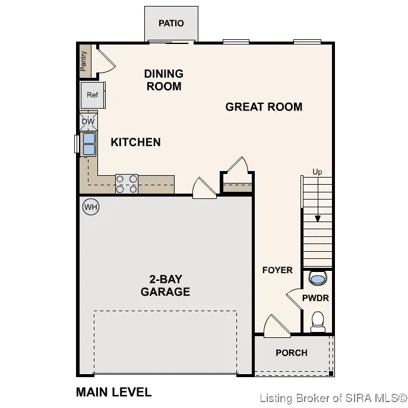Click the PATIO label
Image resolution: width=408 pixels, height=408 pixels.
point(171,23)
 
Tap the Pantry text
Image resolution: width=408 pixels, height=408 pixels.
point(84,60)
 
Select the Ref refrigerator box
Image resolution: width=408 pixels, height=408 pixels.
point(92,95)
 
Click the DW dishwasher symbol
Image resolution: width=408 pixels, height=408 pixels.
point(88,122)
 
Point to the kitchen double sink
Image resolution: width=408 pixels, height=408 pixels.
point(88,144)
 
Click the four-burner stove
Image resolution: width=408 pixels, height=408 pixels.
point(126,184)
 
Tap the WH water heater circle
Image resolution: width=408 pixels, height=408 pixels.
point(90,207)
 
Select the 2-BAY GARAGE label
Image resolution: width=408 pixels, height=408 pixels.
point(165,286)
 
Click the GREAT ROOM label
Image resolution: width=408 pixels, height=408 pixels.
point(264,107)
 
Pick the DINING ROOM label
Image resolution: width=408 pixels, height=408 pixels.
point(163,80)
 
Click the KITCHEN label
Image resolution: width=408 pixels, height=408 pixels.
point(135,142)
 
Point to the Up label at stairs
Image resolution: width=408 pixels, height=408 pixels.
point(318,172)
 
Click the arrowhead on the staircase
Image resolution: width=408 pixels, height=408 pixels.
point(318,219)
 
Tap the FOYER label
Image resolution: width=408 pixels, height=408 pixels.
point(277,270)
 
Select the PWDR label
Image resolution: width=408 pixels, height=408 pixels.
point(315,298)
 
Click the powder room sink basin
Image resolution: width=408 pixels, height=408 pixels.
point(318,278)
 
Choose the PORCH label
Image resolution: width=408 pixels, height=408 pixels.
point(292,353)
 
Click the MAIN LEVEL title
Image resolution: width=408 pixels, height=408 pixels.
point(114,392)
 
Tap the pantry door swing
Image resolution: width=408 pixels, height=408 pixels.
point(104,59)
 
